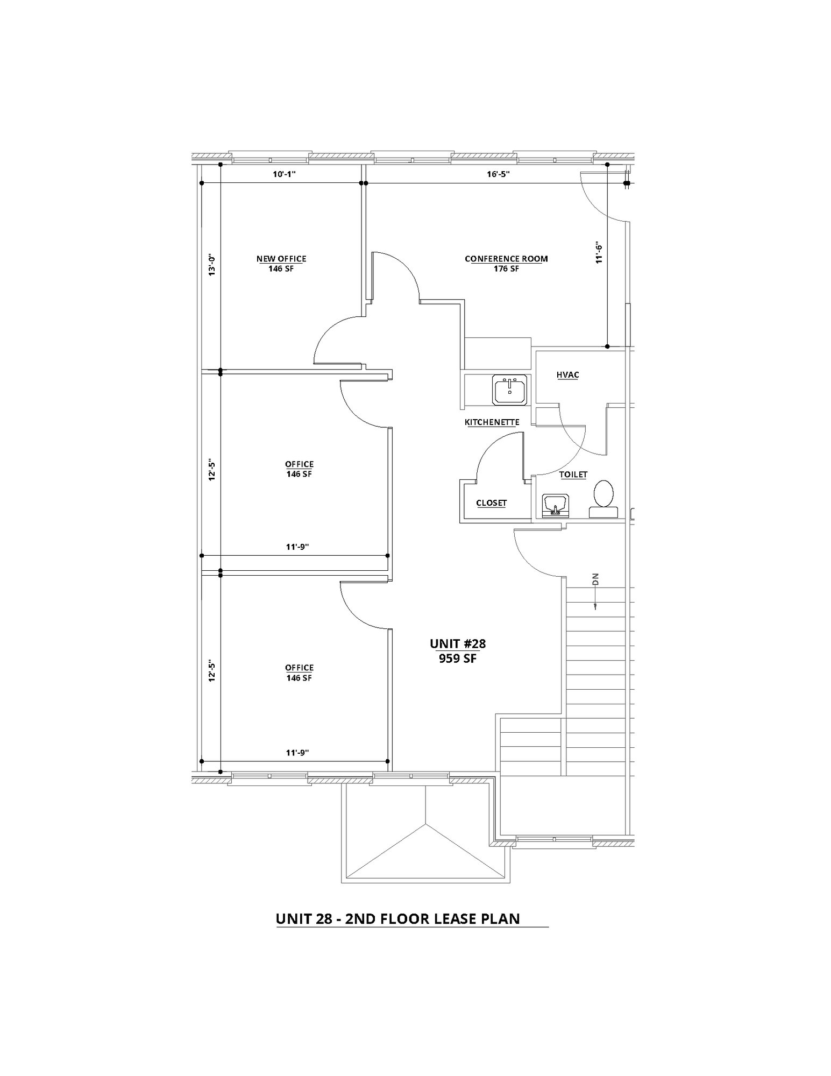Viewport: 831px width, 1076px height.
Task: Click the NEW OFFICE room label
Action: [x=281, y=259]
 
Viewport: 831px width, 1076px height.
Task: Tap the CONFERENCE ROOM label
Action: [x=506, y=259]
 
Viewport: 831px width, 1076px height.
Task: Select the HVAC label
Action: [x=568, y=375]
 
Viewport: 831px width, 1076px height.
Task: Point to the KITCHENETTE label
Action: [x=492, y=422]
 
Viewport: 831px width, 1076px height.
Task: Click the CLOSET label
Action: [x=492, y=503]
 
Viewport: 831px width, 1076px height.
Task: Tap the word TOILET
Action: [x=573, y=475]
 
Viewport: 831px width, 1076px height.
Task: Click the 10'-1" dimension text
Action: [x=282, y=174]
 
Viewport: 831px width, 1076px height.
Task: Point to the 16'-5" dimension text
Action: [x=499, y=174]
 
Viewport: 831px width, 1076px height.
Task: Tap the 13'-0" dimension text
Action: [x=212, y=265]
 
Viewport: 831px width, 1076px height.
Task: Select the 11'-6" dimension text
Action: [x=599, y=253]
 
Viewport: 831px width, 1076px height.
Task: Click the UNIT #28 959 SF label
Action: [x=458, y=651]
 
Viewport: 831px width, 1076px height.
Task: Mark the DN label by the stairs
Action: [x=595, y=579]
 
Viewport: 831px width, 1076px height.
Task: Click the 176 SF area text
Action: [x=506, y=269]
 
